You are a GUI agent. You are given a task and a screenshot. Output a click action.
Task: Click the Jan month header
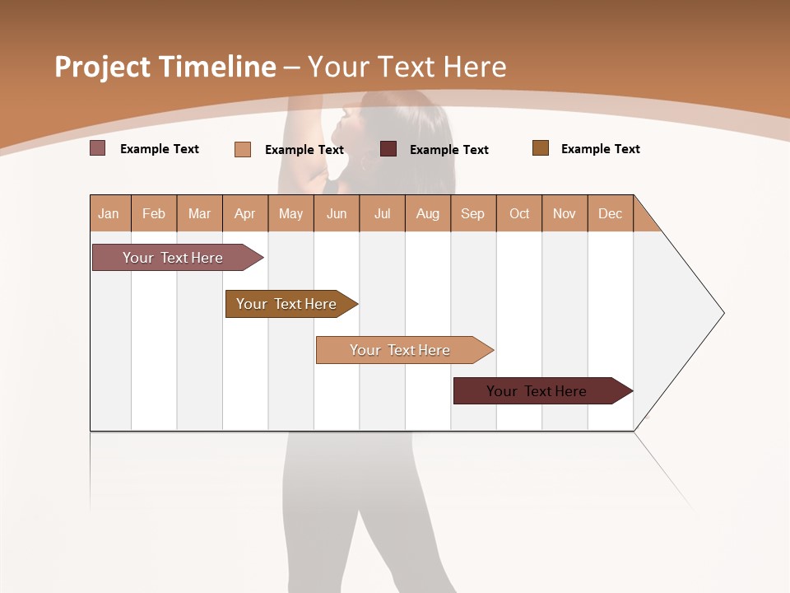(109, 213)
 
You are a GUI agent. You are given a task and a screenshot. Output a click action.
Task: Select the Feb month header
(154, 213)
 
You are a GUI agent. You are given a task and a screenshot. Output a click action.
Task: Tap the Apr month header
(244, 213)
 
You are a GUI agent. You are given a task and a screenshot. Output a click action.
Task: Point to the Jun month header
(337, 213)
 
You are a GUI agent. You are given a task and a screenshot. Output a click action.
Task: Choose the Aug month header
(427, 213)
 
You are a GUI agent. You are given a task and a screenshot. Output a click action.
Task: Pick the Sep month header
(472, 213)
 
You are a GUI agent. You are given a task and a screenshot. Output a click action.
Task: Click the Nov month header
(564, 213)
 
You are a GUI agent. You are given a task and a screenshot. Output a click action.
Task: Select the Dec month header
(610, 213)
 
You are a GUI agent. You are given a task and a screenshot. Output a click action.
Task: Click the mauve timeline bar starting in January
(173, 258)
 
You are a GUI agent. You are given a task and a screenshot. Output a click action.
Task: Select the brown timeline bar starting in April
(286, 304)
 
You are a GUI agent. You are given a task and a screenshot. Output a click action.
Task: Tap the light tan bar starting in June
(400, 350)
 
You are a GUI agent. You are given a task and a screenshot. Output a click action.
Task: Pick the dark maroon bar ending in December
(537, 391)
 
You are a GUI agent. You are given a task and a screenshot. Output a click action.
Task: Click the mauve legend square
(98, 148)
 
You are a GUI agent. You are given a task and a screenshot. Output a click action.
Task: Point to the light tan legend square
(243, 149)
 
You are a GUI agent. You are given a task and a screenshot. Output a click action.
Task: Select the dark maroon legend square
(388, 148)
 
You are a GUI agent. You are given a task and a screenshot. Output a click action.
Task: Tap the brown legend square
(541, 148)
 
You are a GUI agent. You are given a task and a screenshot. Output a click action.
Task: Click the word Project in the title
(103, 67)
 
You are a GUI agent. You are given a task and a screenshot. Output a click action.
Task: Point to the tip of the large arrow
(723, 313)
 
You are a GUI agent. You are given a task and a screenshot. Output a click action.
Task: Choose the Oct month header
(519, 213)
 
